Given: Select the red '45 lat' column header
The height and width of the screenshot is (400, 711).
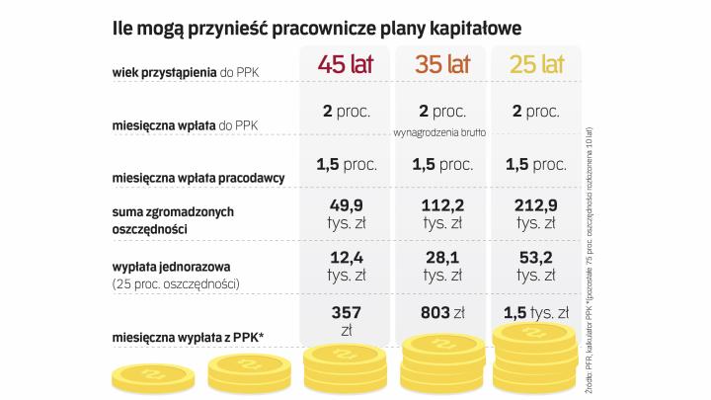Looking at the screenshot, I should coord(345,66).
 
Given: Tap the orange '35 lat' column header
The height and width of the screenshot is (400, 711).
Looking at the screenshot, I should coord(441,66).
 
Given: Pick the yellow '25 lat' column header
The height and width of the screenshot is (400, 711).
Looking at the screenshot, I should coord(536,66).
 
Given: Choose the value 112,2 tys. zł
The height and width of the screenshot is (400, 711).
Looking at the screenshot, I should coord(441,216).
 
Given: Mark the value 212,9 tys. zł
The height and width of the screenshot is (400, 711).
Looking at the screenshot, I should coord(536,216).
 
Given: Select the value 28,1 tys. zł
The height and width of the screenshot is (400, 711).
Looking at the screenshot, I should coord(441,267).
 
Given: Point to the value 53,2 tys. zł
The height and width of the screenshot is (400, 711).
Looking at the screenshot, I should coord(536,267).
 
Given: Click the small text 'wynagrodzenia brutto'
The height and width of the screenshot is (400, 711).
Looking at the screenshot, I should coord(441,131).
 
